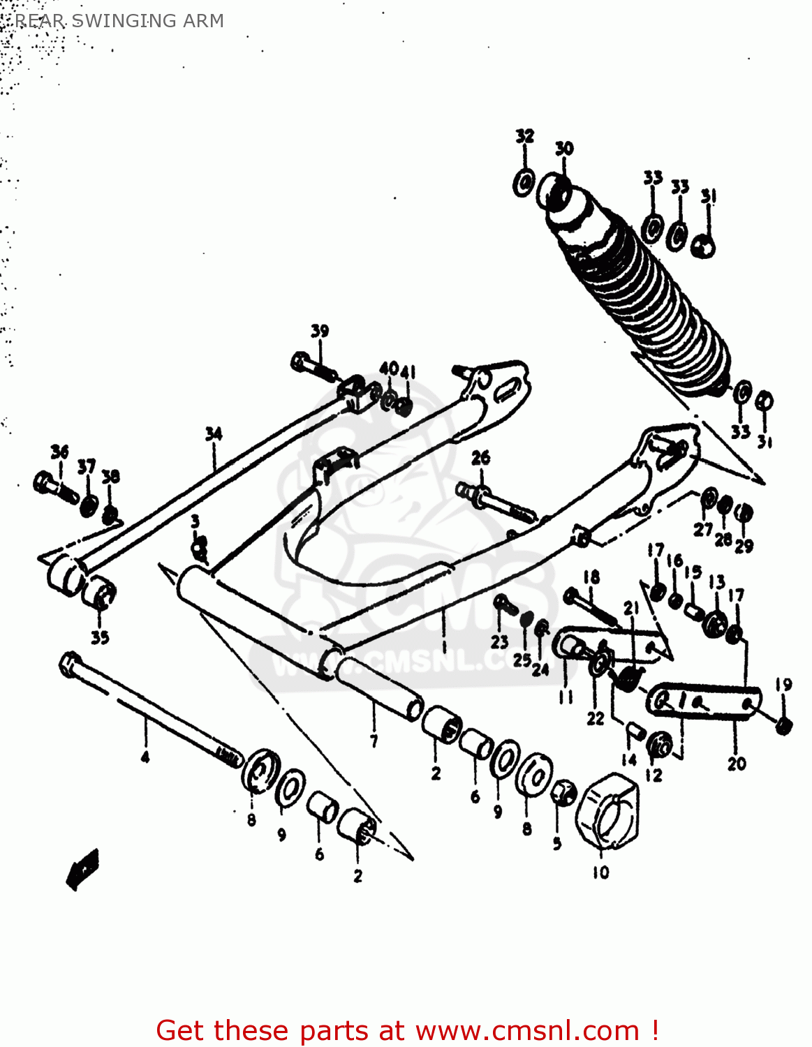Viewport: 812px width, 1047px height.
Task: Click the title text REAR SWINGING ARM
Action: click(x=119, y=21)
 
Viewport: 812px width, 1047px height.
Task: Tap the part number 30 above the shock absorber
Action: click(x=563, y=148)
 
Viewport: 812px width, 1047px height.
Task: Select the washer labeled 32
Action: click(x=524, y=182)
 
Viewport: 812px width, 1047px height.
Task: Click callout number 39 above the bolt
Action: click(x=319, y=331)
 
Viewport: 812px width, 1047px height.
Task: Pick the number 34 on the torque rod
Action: click(x=213, y=434)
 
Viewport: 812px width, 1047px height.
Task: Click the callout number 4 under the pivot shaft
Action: click(x=145, y=757)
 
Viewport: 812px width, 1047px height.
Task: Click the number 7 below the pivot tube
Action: click(x=374, y=741)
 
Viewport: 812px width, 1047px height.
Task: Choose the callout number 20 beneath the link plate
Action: click(x=737, y=764)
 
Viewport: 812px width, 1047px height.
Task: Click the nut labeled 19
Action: click(x=783, y=726)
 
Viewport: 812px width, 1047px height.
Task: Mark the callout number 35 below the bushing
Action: click(x=100, y=637)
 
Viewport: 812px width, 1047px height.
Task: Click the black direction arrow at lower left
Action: click(x=82, y=868)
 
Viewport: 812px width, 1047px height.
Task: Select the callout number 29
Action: click(x=744, y=545)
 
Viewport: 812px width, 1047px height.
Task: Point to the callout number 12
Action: click(x=654, y=775)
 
